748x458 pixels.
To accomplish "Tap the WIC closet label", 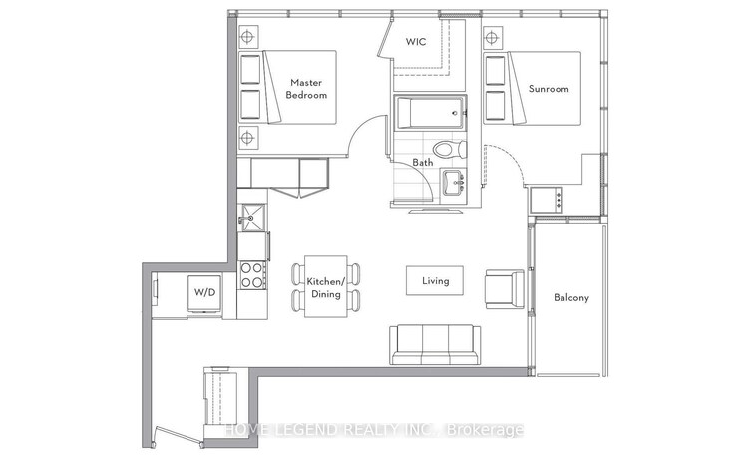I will pyautogui.click(x=417, y=43).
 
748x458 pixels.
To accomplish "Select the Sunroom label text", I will pyautogui.click(x=549, y=89).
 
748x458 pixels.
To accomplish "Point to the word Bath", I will pyautogui.click(x=423, y=162).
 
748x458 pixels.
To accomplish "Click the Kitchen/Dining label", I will pyautogui.click(x=325, y=287).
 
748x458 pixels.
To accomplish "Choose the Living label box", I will pyautogui.click(x=436, y=281).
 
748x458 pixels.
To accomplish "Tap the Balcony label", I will pyautogui.click(x=571, y=297).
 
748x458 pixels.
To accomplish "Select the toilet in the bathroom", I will pyautogui.click(x=457, y=149).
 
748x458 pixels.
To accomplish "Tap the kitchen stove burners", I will pyautogui.click(x=252, y=275).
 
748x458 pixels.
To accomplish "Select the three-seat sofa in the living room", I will pyautogui.click(x=434, y=345).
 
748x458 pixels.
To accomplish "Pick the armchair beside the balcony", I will pyautogui.click(x=502, y=287).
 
